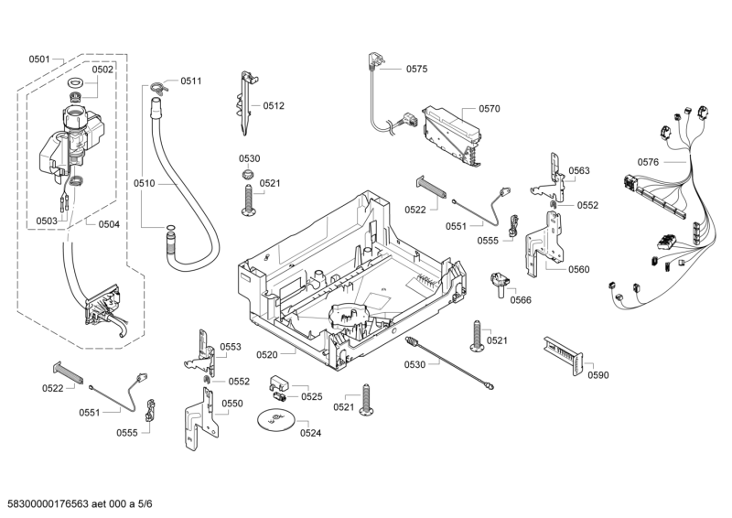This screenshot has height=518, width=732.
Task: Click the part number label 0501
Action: pyautogui.click(x=39, y=59)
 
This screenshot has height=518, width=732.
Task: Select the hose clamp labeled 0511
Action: pyautogui.click(x=158, y=87)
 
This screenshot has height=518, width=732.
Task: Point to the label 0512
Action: pyautogui.click(x=274, y=106)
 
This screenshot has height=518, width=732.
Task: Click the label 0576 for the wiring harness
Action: pyautogui.click(x=648, y=162)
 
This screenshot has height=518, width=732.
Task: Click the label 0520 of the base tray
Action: pyautogui.click(x=267, y=354)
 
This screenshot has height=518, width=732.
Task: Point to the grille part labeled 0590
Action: pyautogui.click(x=560, y=351)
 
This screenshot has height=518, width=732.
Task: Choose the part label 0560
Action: pyautogui.click(x=578, y=269)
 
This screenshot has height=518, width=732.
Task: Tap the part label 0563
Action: pyautogui.click(x=578, y=171)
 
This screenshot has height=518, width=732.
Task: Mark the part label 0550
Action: pyautogui.click(x=232, y=404)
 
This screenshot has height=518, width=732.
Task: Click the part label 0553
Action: pyautogui.click(x=230, y=347)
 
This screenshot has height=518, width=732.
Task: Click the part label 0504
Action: pyautogui.click(x=108, y=223)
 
